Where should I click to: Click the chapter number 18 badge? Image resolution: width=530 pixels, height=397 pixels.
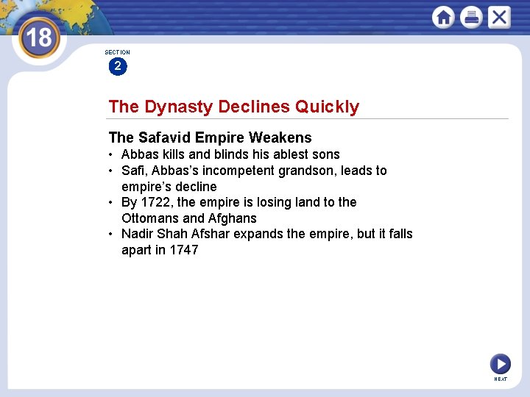[38, 37]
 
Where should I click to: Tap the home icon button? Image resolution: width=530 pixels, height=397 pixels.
[443, 17]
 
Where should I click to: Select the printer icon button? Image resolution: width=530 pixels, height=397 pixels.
[471, 17]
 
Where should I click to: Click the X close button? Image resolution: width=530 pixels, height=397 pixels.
[498, 17]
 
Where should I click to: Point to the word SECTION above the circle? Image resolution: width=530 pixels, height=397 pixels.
[117, 52]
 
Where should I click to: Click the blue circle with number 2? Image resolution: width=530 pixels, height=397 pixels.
[117, 67]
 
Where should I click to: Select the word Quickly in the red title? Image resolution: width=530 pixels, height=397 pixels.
[327, 107]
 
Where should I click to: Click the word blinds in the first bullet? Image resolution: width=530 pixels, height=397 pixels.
[233, 154]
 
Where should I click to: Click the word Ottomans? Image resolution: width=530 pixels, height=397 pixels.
[150, 218]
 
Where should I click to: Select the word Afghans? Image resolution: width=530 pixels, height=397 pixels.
[233, 218]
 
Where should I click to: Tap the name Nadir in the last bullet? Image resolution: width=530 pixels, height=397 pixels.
[138, 234]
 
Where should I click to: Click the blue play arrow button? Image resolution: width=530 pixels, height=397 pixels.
[500, 363]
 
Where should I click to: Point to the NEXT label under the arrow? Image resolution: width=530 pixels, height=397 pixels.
[501, 379]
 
